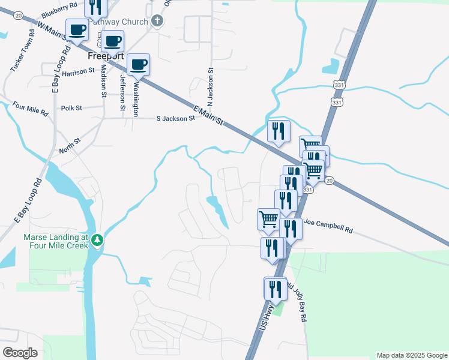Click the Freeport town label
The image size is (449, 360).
pyautogui.click(x=106, y=56)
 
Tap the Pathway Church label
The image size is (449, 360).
pyautogui.click(x=119, y=22)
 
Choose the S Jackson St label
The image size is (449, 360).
pyautogui.click(x=175, y=119)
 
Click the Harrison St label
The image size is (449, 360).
pyautogui.click(x=78, y=71)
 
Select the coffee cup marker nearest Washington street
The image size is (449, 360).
pyautogui.click(x=139, y=64)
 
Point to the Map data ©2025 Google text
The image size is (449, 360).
pyautogui.click(x=412, y=355)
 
